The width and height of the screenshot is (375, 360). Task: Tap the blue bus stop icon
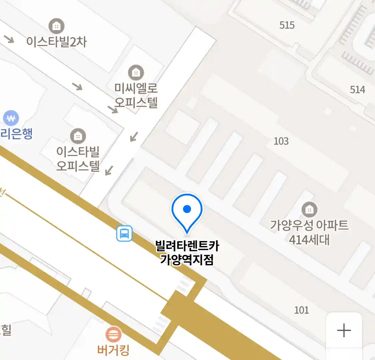coord(124,233)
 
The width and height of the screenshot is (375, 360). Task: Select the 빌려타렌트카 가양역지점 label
coord(187,252)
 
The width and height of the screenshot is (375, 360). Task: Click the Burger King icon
coord(113,334)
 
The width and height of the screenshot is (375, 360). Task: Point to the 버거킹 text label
coord(113,350)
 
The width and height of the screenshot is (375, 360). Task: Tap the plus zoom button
coord(344,331)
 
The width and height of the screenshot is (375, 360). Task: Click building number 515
coord(287,25)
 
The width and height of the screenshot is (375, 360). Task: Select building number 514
coord(357,89)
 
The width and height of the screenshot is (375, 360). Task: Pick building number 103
coord(281,141)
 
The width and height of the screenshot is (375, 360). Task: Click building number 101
coord(301,310)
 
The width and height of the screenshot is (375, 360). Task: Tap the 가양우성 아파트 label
coord(309,225)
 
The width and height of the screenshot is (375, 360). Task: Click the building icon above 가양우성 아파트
coord(309,209)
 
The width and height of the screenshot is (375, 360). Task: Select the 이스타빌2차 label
coord(56,42)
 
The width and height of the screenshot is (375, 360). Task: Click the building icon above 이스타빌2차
coord(57,26)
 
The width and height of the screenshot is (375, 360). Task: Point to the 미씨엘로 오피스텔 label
coord(136,95)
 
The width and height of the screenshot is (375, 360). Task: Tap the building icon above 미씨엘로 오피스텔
coord(136,72)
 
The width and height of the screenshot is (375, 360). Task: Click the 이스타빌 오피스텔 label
coord(78,158)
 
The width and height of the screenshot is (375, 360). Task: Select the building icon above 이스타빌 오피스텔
coord(78,136)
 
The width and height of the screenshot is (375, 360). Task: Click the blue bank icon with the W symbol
coord(11,118)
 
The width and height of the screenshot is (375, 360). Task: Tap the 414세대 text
coord(309,239)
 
